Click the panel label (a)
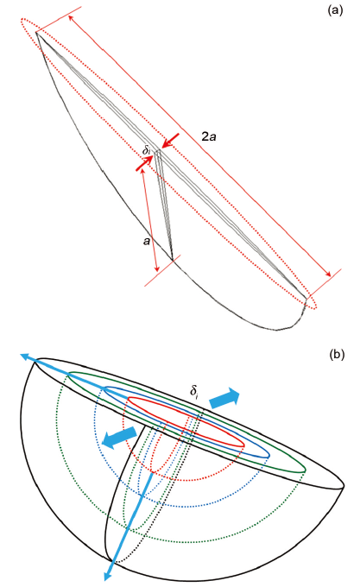(335, 10)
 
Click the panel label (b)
(337, 354)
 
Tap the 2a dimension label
(209, 136)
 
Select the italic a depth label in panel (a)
(147, 241)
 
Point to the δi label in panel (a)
(146, 150)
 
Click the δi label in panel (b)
(194, 391)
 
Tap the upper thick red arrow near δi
(170, 140)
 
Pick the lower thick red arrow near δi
(144, 164)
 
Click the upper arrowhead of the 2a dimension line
(71, 19)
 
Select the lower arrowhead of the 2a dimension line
(328, 274)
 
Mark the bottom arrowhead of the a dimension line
(157, 268)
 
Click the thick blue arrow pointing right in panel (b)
(224, 398)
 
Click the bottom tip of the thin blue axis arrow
(106, 580)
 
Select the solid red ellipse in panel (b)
(186, 421)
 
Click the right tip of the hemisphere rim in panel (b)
(344, 486)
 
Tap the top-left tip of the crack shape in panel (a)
(36, 33)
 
